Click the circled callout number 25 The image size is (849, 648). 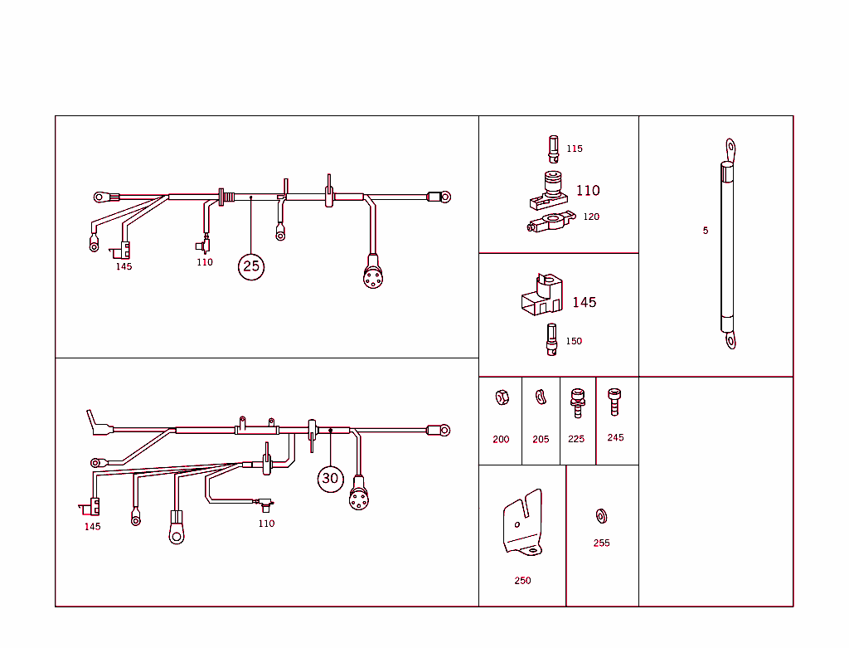coord(251,266)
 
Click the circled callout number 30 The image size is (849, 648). coord(330,479)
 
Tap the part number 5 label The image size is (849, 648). coord(706,231)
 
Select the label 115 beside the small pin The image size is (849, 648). coord(575,149)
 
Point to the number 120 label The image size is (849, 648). coord(591,217)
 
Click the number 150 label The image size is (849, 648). coord(574,341)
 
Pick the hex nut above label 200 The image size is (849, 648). coord(502,397)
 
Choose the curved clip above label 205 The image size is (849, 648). coord(541,397)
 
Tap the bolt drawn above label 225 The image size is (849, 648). coord(578,403)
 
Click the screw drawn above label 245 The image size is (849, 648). coord(614,402)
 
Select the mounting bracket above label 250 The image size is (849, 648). coord(522,523)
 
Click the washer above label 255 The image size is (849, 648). coord(601,516)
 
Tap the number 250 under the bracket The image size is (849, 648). coord(522,581)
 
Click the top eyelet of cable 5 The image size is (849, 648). coord(730,148)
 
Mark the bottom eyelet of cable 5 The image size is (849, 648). coord(730,341)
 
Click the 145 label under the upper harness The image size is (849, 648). coord(124,266)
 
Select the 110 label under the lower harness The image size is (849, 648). coord(266,524)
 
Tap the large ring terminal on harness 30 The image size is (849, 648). coord(177,534)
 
